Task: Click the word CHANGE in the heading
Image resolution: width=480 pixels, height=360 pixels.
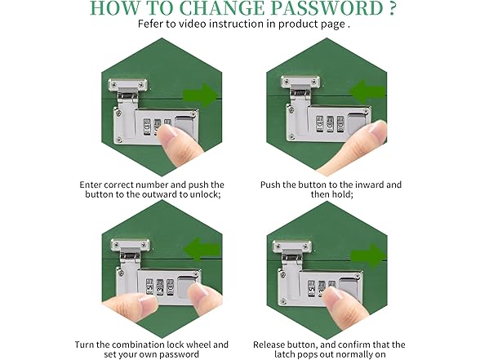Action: point(211,9)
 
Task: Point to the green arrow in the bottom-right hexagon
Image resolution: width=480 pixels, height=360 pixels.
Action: point(367,248)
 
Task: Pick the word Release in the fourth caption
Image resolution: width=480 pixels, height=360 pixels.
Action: point(273,344)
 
